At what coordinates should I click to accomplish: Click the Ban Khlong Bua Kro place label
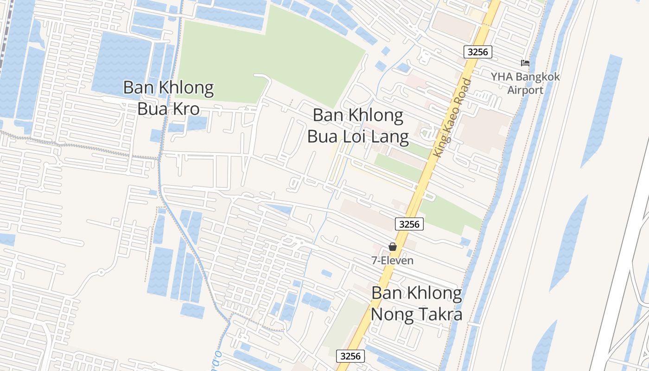[169, 98]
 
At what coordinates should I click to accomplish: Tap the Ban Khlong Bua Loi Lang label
[358, 126]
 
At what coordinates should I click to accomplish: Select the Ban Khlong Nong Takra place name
[417, 304]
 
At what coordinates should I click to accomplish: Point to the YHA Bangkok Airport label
[526, 83]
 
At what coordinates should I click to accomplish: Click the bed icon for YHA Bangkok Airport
[525, 63]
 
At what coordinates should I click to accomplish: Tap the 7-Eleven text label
[392, 261]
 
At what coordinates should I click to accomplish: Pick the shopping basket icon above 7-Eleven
[393, 247]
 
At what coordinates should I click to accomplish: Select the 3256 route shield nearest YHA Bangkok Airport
[478, 51]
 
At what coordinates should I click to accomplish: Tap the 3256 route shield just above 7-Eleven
[409, 224]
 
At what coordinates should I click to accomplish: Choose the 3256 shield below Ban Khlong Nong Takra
[350, 356]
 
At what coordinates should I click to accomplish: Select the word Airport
[525, 90]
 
